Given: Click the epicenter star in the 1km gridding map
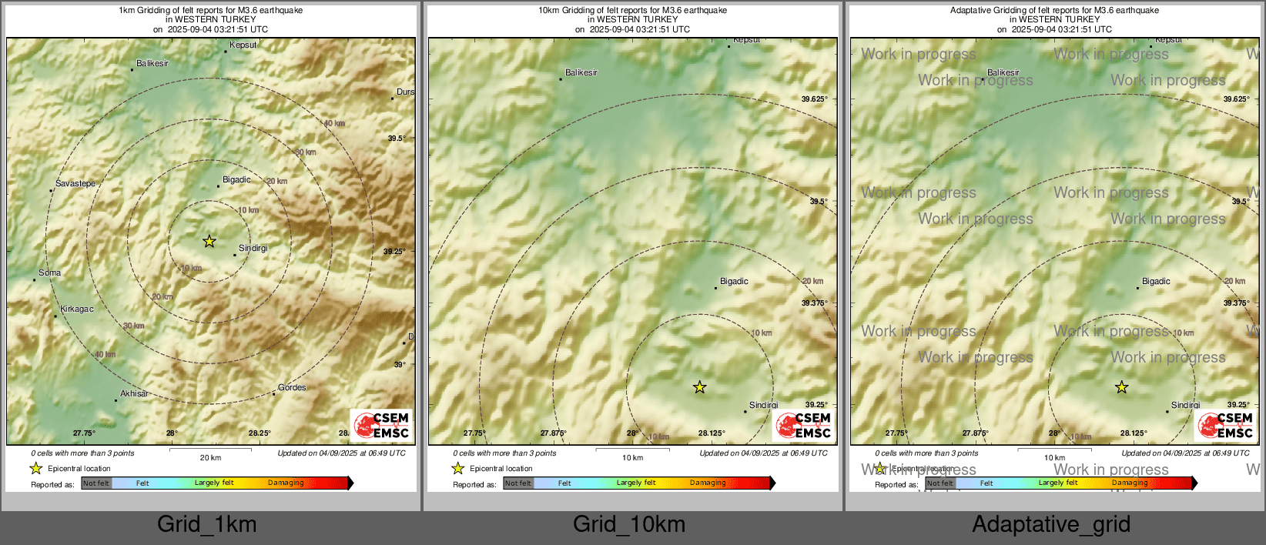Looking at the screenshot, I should (209, 242).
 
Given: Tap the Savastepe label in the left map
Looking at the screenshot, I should (75, 184).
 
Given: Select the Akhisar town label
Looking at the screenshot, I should (134, 394).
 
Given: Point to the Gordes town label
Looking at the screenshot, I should (292, 388).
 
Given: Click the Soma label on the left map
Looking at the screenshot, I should (50, 273).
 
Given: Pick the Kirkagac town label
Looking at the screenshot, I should (77, 309).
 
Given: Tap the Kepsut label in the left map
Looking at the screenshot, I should (243, 45).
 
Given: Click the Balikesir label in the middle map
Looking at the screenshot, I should (581, 73).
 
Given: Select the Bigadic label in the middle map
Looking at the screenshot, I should (734, 282).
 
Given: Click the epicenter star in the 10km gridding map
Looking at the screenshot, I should (699, 387).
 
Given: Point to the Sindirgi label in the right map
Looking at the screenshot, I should (1185, 406).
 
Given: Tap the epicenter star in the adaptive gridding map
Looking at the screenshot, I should (1121, 387).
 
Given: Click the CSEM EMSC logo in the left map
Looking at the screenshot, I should (383, 426).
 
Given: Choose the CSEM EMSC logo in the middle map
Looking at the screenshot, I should (804, 426).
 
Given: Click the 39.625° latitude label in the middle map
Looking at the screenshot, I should (814, 99).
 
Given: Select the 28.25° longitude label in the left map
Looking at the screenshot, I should (260, 433).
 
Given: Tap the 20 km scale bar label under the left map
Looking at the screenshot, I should (210, 458).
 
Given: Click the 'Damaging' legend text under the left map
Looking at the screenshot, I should (286, 483).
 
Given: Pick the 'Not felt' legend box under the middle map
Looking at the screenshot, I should (518, 483).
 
